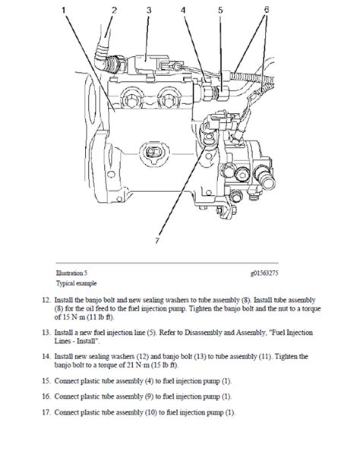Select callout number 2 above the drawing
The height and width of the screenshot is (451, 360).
tap(115, 10)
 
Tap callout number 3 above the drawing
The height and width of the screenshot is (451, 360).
tap(150, 10)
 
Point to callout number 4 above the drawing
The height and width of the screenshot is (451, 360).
tap(183, 10)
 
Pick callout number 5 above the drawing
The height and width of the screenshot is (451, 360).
tap(220, 10)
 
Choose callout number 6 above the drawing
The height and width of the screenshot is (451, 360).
tap(267, 10)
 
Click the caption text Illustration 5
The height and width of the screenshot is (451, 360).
tap(72, 273)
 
